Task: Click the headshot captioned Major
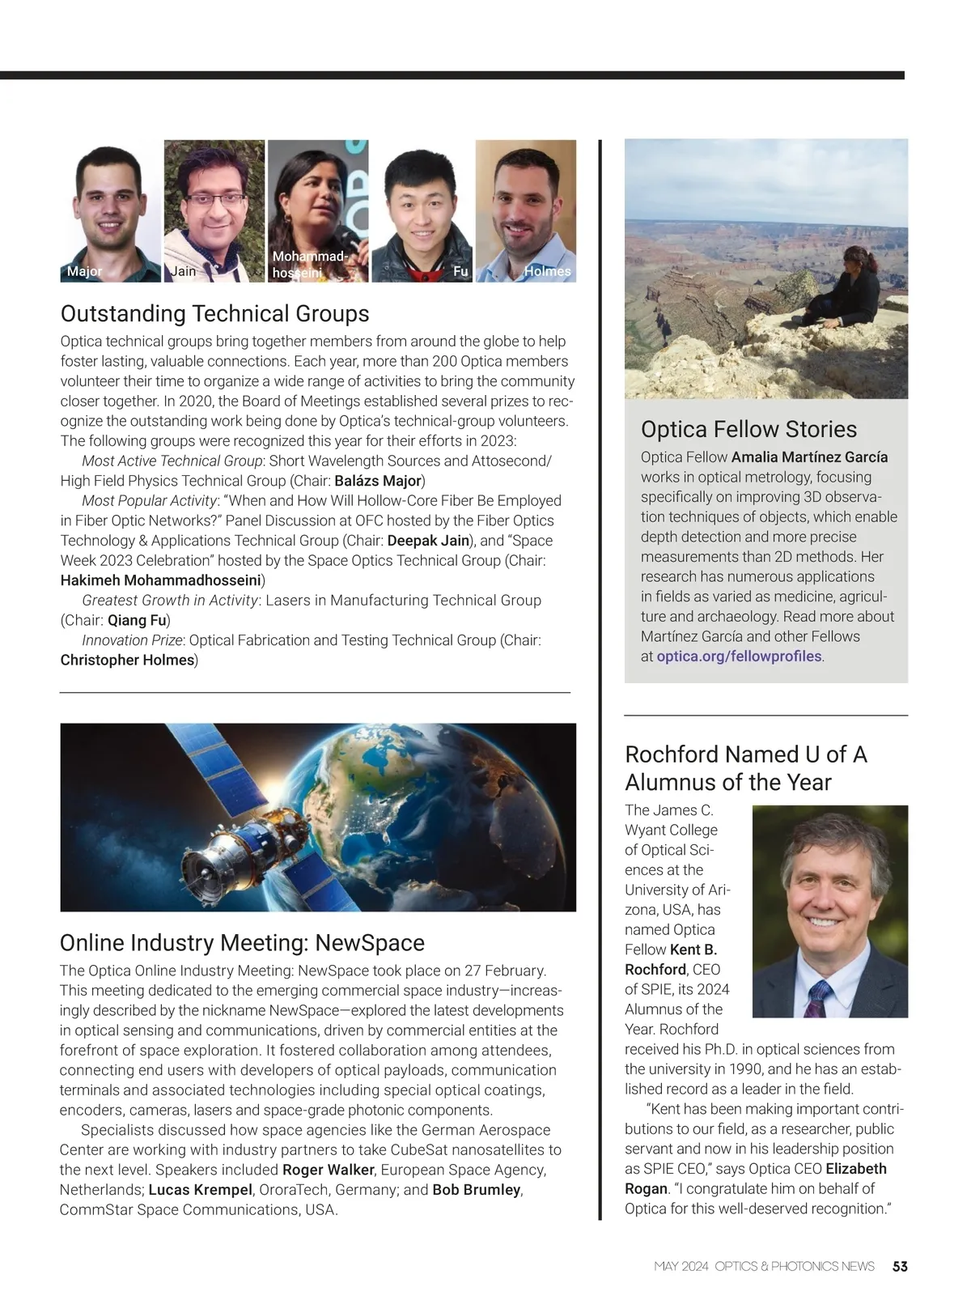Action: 111,210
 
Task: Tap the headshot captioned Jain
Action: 214,210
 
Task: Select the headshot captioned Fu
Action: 422,210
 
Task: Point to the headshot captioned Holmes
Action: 525,210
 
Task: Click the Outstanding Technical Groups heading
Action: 214,313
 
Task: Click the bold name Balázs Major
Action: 378,481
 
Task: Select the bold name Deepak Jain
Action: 428,541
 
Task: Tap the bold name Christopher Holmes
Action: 127,660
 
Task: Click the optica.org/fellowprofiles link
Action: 739,656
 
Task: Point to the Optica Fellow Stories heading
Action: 748,429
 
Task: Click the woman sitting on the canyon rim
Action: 846,291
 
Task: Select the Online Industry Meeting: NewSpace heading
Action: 242,943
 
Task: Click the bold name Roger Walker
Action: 328,1170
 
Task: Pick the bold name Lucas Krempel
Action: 200,1190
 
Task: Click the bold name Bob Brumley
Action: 476,1190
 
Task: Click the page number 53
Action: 900,1266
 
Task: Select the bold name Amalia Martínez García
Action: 809,457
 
